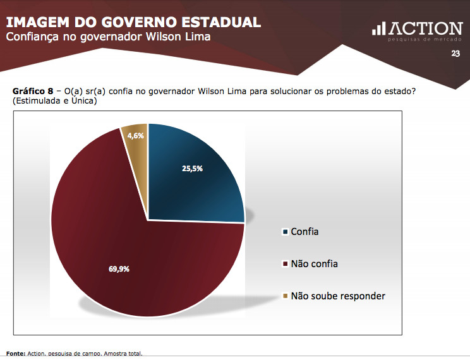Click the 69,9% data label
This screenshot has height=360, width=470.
click(x=119, y=268)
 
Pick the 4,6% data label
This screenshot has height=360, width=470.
click(x=135, y=136)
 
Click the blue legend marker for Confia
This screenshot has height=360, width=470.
click(x=285, y=232)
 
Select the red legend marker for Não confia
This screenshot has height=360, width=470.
click(x=285, y=263)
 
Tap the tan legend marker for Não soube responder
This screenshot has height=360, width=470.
click(x=285, y=296)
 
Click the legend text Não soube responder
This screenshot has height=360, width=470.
click(x=338, y=296)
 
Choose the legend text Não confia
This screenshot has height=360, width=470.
click(x=314, y=263)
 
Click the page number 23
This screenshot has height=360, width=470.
click(x=455, y=54)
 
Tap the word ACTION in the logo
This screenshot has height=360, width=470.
click(x=426, y=28)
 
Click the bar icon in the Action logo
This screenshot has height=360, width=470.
click(x=378, y=29)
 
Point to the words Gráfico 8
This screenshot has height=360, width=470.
click(x=32, y=92)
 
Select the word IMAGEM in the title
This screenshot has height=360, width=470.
click(x=38, y=22)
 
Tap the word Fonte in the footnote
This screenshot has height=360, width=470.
click(x=15, y=354)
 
